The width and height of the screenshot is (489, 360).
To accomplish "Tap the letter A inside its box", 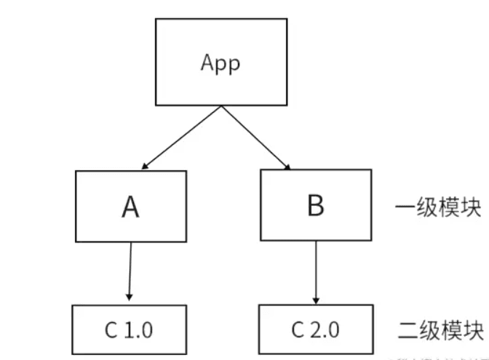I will [131, 207].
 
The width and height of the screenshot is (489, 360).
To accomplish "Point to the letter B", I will [315, 206].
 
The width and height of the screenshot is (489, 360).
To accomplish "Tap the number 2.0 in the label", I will [326, 330].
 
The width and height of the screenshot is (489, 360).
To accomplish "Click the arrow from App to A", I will [182, 138].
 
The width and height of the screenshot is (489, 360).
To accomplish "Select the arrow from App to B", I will [255, 138].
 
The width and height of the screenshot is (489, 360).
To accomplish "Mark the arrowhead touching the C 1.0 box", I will [130, 297].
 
